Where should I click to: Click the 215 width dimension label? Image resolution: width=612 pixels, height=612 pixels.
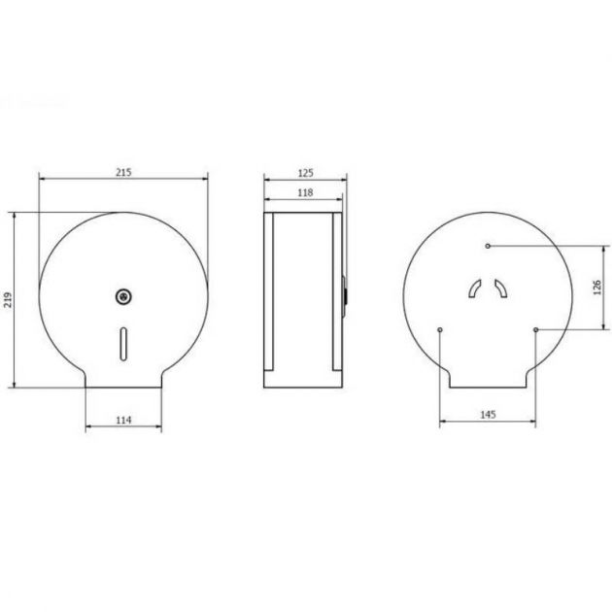(x=123, y=172)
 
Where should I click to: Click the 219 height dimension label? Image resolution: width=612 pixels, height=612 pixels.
(x=9, y=299)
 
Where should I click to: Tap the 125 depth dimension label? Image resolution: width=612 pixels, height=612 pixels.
(x=306, y=172)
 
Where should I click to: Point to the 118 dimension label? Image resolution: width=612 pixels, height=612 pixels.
(x=304, y=193)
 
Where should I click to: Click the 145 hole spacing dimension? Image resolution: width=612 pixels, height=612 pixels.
(x=489, y=415)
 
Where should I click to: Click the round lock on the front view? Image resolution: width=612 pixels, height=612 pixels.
(x=123, y=296)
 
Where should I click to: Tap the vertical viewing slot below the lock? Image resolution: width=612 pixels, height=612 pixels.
(x=123, y=340)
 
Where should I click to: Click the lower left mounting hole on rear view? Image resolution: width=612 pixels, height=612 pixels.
(x=441, y=330)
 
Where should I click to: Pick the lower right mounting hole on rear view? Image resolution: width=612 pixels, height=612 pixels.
(x=535, y=330)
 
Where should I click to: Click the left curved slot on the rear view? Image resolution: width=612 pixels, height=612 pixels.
(x=474, y=288)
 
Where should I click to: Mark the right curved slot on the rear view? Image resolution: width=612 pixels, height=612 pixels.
(x=501, y=288)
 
